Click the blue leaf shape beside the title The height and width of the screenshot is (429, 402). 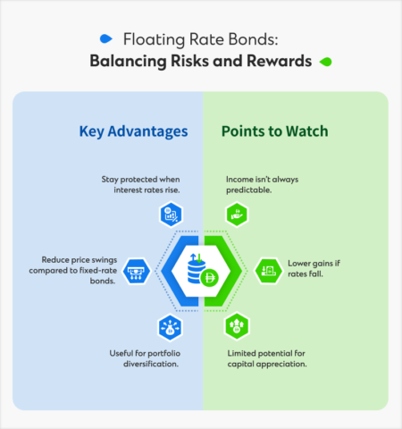pyautogui.click(x=106, y=38)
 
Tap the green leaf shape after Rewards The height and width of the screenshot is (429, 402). pyautogui.click(x=327, y=63)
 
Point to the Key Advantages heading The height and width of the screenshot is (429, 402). pyautogui.click(x=133, y=131)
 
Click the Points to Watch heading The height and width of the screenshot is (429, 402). pyautogui.click(x=274, y=131)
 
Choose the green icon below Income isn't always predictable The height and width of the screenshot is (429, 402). pyautogui.click(x=237, y=214)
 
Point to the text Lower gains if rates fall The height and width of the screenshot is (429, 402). pyautogui.click(x=323, y=270)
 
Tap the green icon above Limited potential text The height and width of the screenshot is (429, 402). pyautogui.click(x=237, y=326)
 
